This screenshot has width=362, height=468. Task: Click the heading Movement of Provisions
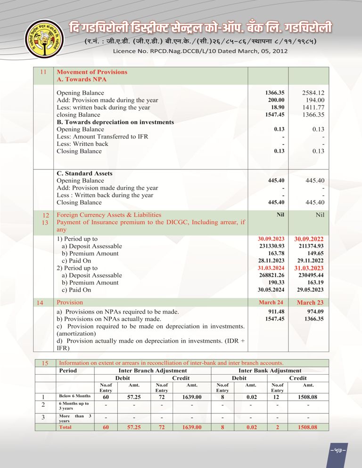(92, 72)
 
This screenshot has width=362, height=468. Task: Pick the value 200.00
(276, 100)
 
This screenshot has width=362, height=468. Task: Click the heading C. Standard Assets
(84, 173)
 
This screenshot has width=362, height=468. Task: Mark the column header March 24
(271, 302)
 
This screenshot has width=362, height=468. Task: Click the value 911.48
(276, 312)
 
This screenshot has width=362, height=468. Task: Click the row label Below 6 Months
(74, 396)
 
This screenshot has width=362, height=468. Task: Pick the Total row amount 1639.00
(189, 427)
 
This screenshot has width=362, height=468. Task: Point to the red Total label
(66, 427)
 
